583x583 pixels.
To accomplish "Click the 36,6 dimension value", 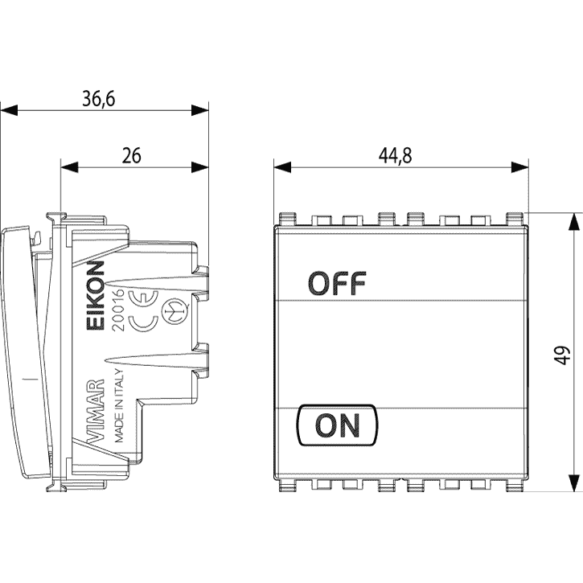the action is pos(99,99).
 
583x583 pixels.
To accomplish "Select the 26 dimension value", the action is pos(132,156).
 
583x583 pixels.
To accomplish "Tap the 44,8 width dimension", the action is pos(396,155).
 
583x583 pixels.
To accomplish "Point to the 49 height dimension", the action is pos(564,355).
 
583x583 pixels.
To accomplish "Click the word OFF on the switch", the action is pos(337,283).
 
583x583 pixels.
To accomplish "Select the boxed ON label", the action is pos(337,425).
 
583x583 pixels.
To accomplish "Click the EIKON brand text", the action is pos(96,295).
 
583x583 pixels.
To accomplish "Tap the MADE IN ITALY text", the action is pos(118,405).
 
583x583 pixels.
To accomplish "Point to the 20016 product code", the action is pos(118,310).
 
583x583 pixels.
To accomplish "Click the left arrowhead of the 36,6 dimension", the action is pos(9,110).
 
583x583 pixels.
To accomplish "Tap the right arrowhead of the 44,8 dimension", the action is pos(519,167).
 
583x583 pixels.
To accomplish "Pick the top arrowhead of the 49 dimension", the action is pos(574,222).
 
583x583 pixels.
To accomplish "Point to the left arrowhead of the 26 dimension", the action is pos(69,167).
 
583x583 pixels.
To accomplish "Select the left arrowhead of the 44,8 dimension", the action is pos(282,167).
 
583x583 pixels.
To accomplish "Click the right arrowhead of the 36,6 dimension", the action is pos(200,110).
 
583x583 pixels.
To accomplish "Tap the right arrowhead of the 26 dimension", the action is pos(200,167).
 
